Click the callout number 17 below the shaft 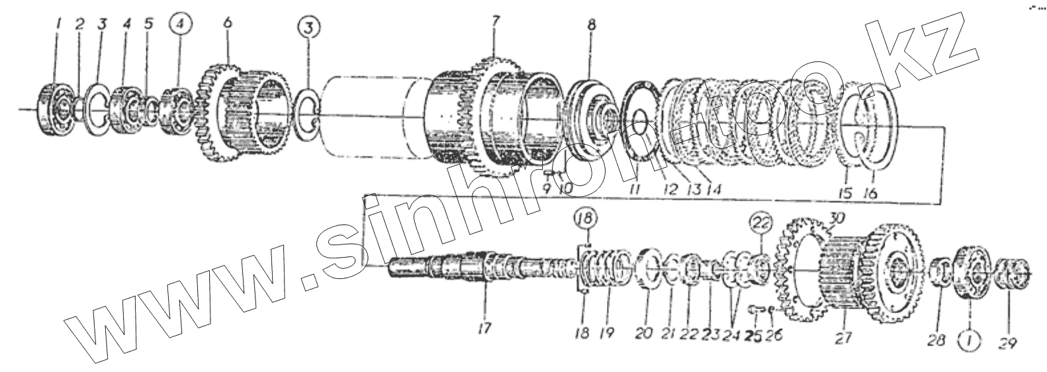coord(486,327)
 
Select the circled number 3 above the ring coord(308,29)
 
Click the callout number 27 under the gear coord(842,338)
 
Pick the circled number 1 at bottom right coord(969,342)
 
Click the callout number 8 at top coord(591,26)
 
